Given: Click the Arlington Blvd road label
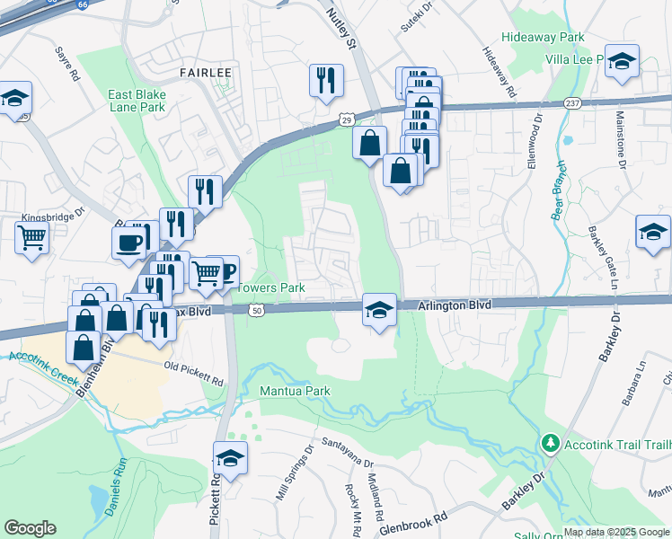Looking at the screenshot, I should [455, 305].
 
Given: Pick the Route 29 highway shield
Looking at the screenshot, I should [346, 119].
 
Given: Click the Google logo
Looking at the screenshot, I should [30, 527].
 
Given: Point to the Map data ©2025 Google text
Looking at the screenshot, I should [615, 532].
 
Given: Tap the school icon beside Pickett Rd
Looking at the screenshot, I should [230, 458].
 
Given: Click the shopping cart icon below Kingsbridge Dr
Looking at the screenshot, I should [31, 239].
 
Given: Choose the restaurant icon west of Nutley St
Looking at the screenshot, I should [326, 80].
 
